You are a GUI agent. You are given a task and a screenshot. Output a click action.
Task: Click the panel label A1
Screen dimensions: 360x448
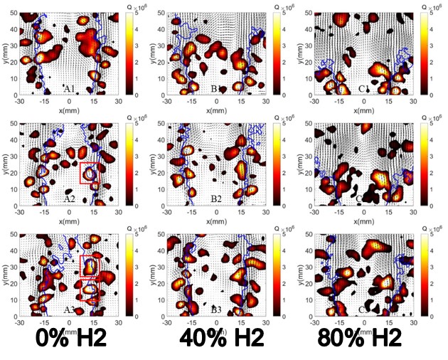(69, 89)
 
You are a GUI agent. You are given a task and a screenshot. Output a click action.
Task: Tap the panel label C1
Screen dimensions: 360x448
(364, 89)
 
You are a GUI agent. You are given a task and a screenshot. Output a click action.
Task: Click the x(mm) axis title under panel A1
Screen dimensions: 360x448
(70, 110)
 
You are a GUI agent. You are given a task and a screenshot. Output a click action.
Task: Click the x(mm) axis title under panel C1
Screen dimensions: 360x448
(364, 110)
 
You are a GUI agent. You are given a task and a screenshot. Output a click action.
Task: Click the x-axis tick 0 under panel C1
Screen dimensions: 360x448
(364, 101)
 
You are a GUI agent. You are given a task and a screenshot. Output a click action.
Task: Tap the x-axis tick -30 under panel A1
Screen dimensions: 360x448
(21, 101)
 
